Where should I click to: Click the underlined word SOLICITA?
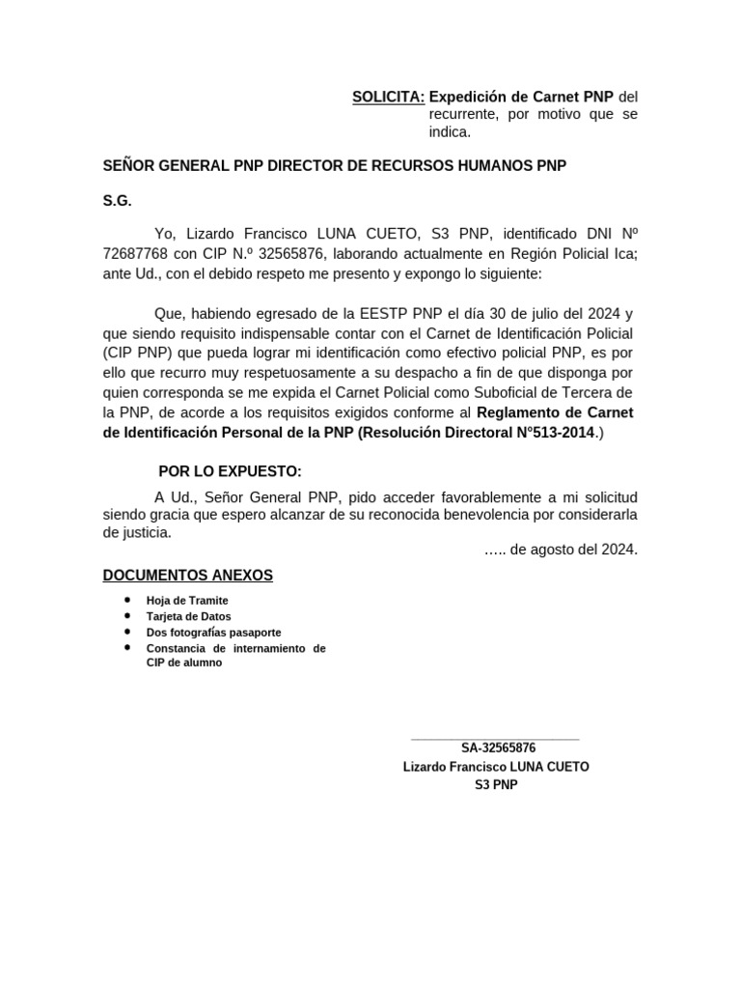388,97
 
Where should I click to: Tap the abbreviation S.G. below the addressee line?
117,201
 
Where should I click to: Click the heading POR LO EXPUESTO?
230,471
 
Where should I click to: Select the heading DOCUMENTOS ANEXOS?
188,576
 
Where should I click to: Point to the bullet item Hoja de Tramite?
187,601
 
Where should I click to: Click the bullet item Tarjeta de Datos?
188,616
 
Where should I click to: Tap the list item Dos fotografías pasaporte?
213,632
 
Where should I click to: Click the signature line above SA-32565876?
495,739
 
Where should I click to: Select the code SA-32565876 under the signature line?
498,749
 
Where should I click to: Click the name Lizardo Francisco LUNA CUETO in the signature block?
496,767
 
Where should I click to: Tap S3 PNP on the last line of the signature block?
496,785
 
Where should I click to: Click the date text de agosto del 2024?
573,550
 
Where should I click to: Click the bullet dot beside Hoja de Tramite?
127,600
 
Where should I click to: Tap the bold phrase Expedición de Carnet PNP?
521,97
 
